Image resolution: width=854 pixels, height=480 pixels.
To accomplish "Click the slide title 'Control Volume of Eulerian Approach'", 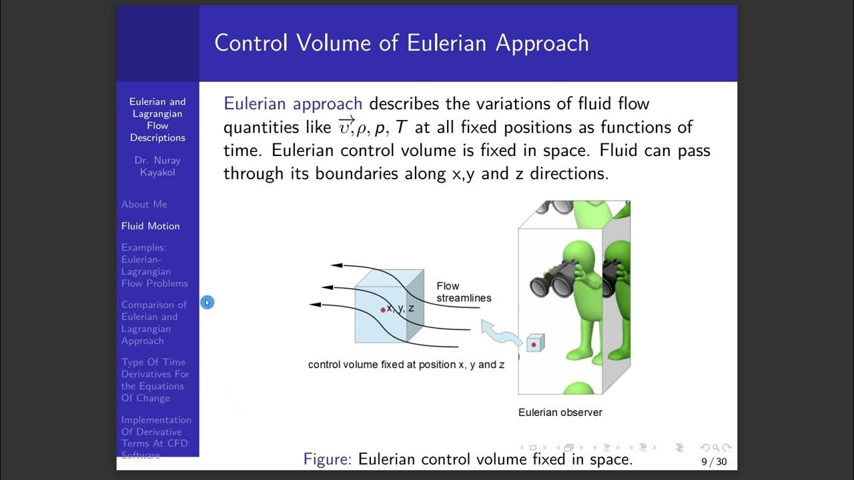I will click(x=401, y=43).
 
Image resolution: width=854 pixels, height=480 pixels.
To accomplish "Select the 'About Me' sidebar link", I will click(x=144, y=204).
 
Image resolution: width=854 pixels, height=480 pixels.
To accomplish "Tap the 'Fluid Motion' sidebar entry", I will click(x=150, y=226).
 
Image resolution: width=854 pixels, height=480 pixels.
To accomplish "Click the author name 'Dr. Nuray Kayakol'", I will click(x=157, y=166).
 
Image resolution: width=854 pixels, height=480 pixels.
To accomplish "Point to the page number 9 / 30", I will click(x=713, y=461).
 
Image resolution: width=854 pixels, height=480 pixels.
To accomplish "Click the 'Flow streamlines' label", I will click(x=463, y=292).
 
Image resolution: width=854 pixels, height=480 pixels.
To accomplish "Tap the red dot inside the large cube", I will click(x=383, y=310).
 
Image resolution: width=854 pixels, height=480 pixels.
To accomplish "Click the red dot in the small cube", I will click(x=534, y=344).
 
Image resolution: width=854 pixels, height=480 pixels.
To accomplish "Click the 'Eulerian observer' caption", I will click(x=560, y=413).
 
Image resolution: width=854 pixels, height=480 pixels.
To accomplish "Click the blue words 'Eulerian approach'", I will click(x=293, y=104).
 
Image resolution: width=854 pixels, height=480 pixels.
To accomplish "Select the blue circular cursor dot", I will click(x=207, y=303).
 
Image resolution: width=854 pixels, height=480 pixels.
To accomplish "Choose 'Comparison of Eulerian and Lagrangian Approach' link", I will click(x=153, y=323).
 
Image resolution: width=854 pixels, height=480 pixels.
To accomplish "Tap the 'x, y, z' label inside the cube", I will click(x=400, y=308).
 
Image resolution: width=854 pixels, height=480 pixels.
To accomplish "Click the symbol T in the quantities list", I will click(x=402, y=127).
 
